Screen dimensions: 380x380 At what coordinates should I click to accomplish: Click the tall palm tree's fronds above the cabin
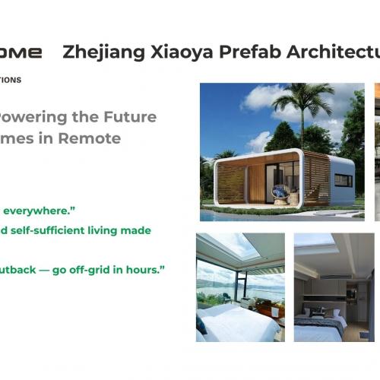(305, 98)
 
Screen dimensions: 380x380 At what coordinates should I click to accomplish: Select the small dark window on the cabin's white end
(343, 180)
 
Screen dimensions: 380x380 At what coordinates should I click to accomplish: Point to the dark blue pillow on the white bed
(201, 325)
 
